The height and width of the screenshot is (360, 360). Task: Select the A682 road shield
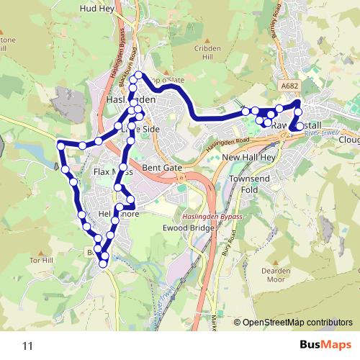(289, 86)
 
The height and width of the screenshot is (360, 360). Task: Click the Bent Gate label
(162, 167)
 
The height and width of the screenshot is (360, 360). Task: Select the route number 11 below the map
(28, 346)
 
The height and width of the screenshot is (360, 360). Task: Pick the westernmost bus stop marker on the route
(61, 146)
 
